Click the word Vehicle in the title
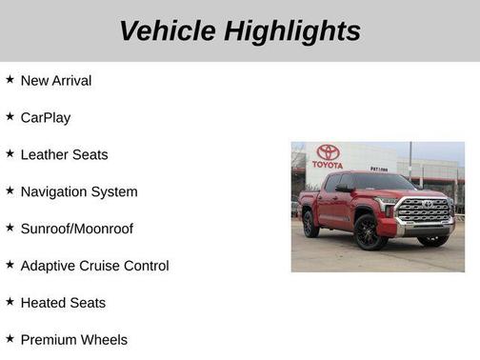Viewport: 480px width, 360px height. pyautogui.click(x=168, y=30)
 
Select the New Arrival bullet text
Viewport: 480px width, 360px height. pyautogui.click(x=56, y=81)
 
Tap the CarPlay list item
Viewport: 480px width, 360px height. pyautogui.click(x=46, y=118)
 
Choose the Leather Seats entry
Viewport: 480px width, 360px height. pyautogui.click(x=64, y=155)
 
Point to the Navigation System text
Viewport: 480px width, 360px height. pyautogui.click(x=79, y=192)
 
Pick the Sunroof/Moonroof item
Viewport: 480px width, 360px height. pyautogui.click(x=77, y=230)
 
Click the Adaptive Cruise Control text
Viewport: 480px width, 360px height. pyautogui.click(x=94, y=267)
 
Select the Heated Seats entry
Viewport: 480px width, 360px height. pyautogui.click(x=63, y=304)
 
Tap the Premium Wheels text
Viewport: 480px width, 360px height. pyautogui.click(x=73, y=340)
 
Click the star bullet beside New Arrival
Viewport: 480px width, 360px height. pyautogui.click(x=10, y=79)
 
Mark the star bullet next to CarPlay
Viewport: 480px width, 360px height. pyautogui.click(x=10, y=116)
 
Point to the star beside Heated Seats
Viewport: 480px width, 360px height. pyautogui.click(x=10, y=302)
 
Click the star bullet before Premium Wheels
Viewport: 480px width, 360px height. pyautogui.click(x=10, y=338)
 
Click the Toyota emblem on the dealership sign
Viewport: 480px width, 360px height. pyautogui.click(x=329, y=152)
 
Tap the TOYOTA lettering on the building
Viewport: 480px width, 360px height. pyautogui.click(x=328, y=165)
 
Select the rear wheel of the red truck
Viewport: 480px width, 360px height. pyautogui.click(x=310, y=224)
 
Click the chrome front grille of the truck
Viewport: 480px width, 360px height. pyautogui.click(x=424, y=211)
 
